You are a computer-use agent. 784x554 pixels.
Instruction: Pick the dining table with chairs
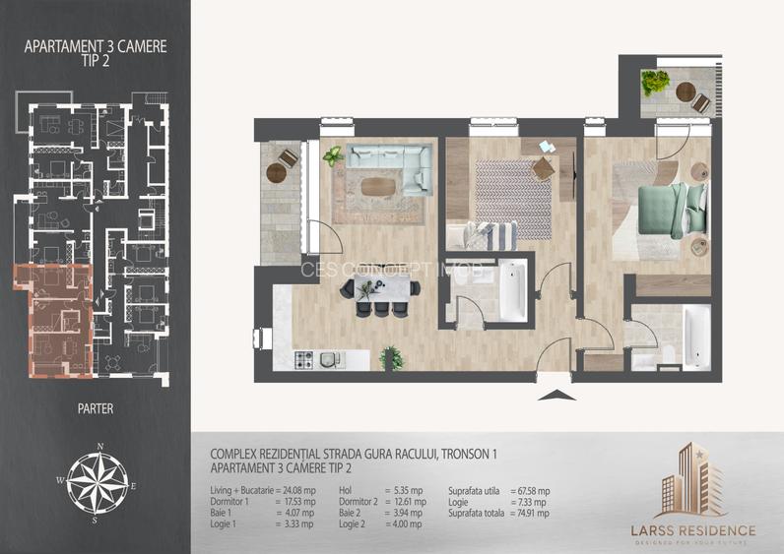point(379,292)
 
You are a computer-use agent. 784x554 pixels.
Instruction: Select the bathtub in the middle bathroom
point(512,290)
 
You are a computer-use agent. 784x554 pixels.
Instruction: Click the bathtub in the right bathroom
point(695,335)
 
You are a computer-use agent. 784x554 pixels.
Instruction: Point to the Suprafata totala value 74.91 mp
point(529,513)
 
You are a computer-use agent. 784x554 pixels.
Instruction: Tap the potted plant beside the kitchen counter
point(390,356)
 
